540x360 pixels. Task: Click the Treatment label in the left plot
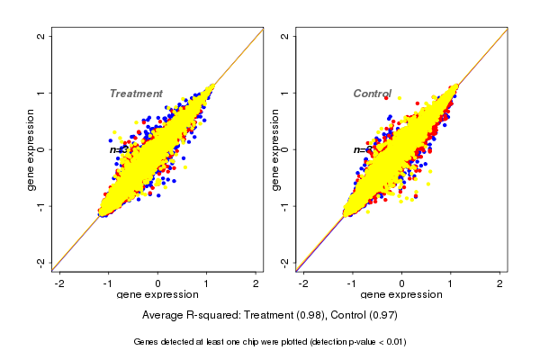pyautogui.click(x=136, y=94)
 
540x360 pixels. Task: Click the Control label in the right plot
pyautogui.click(x=372, y=94)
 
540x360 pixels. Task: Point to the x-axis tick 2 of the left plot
pyautogui.click(x=256, y=283)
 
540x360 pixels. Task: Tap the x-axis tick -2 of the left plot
pyautogui.click(x=60, y=283)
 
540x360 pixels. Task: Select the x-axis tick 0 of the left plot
pyautogui.click(x=158, y=283)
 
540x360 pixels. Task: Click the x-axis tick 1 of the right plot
pyautogui.click(x=452, y=283)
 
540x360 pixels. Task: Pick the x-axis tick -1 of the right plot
pyautogui.click(x=353, y=283)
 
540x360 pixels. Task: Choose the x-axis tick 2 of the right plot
pyautogui.click(x=500, y=283)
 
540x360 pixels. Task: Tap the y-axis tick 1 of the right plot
pyautogui.click(x=285, y=93)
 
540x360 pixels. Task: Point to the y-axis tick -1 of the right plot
pyautogui.click(x=285, y=205)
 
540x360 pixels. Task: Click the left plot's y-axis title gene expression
pyautogui.click(x=31, y=149)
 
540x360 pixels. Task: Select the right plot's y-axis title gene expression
pyautogui.click(x=275, y=149)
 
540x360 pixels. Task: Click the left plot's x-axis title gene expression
pyautogui.click(x=158, y=295)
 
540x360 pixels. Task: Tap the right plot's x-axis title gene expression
pyautogui.click(x=401, y=295)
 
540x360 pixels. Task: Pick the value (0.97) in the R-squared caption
pyautogui.click(x=382, y=315)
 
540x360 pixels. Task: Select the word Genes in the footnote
pyautogui.click(x=146, y=342)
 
